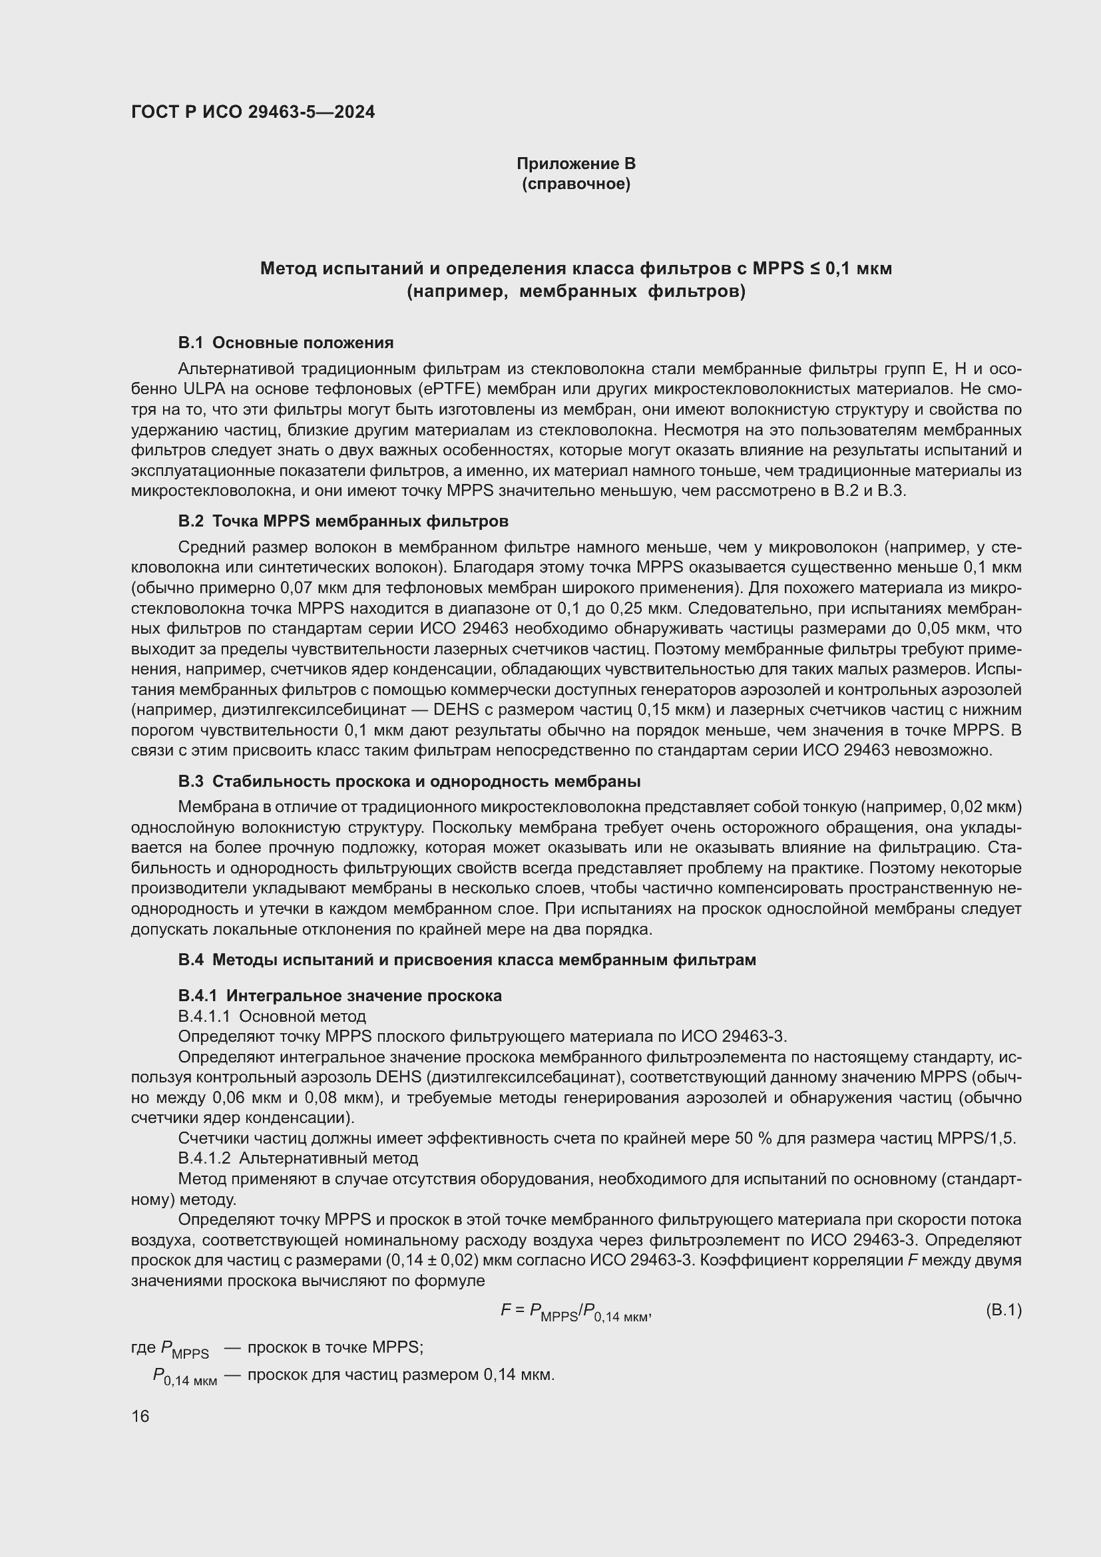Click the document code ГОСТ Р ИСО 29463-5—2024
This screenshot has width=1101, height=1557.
[253, 112]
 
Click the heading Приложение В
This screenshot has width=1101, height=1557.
[576, 164]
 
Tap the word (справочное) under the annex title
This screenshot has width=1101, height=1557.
[576, 184]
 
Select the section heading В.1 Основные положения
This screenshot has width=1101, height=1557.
[286, 343]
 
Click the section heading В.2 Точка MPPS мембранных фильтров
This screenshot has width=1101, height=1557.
[343, 521]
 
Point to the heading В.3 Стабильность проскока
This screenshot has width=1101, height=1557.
[409, 781]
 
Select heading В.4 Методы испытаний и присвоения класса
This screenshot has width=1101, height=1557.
[467, 960]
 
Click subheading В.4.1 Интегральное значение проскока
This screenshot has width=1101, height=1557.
[339, 995]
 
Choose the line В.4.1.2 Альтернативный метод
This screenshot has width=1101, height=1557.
[298, 1158]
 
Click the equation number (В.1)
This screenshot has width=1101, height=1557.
[1003, 1310]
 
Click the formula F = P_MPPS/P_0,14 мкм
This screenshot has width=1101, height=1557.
[576, 1311]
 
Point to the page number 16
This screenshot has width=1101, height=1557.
[140, 1417]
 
